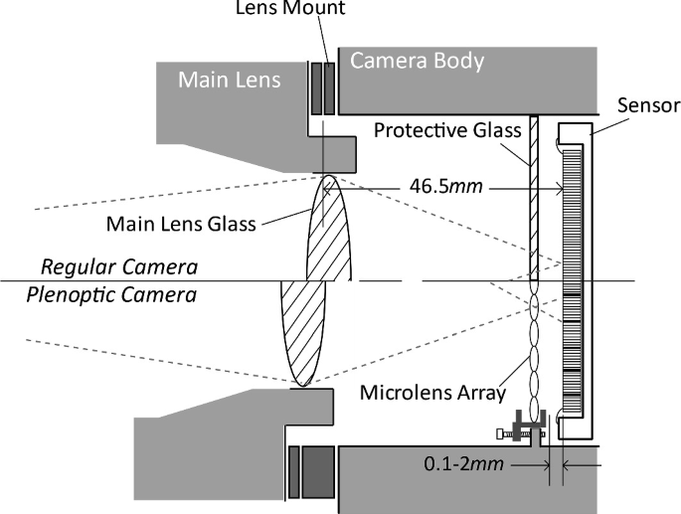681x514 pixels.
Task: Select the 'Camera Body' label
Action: [418, 62]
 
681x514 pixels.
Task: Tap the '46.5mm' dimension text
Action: [440, 185]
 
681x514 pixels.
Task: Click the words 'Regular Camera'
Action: [119, 268]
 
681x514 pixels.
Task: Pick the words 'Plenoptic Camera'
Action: [119, 295]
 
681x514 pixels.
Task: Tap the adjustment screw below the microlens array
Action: [519, 430]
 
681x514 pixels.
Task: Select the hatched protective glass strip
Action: [535, 199]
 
